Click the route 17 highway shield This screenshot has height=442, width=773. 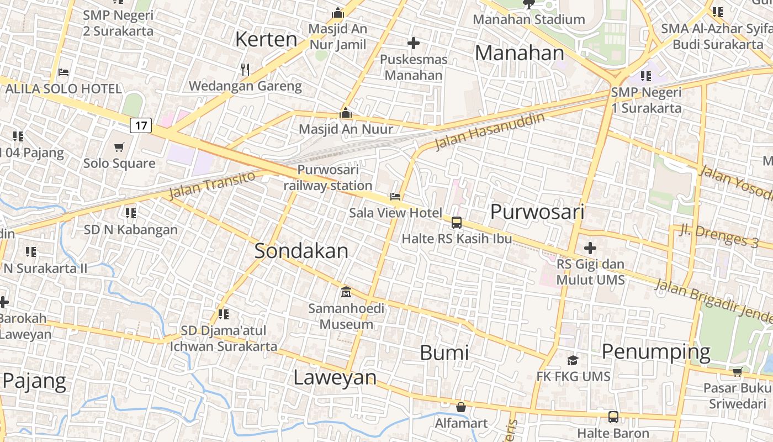[141, 125]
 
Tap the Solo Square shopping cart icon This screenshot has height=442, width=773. [119, 147]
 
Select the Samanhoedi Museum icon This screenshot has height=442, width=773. [346, 292]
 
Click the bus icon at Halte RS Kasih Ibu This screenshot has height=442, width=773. [456, 223]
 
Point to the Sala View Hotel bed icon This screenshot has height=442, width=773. [395, 196]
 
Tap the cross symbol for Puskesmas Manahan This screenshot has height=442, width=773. [413, 43]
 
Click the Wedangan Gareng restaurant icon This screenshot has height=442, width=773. [245, 70]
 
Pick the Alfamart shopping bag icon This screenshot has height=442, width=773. [460, 407]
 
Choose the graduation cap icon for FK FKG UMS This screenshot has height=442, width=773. [573, 360]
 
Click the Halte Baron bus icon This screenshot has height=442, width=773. [613, 417]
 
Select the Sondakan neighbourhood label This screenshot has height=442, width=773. [301, 251]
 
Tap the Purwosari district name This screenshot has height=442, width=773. [537, 212]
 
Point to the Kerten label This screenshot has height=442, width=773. [266, 39]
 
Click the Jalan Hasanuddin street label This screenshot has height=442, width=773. [489, 131]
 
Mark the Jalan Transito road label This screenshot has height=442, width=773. [212, 185]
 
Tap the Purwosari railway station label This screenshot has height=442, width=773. [328, 177]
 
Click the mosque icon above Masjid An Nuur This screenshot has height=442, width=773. [346, 113]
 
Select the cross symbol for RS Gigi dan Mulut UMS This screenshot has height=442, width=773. [590, 248]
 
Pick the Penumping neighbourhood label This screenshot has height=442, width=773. [656, 351]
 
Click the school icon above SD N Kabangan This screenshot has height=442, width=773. [130, 213]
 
